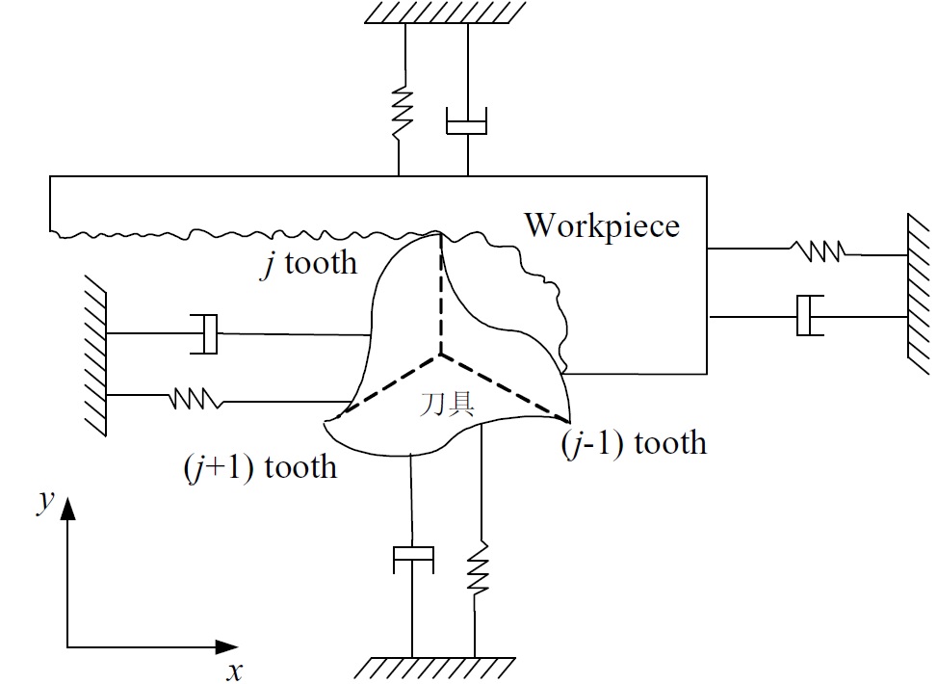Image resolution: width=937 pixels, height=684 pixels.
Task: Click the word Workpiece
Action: [x=603, y=227]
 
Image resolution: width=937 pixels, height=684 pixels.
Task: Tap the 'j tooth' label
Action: [x=309, y=263]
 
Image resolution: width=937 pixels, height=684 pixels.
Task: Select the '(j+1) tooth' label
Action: [x=261, y=467]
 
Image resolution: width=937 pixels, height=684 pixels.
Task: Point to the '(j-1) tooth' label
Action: [x=634, y=443]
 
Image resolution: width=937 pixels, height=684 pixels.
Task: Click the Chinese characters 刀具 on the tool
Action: [x=448, y=405]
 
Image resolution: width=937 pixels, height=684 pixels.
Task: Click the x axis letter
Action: [x=235, y=671]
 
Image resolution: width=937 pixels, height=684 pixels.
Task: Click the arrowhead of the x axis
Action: [x=226, y=647]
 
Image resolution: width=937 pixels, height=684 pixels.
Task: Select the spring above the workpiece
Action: [x=402, y=112]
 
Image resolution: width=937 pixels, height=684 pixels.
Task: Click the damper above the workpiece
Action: [x=467, y=121]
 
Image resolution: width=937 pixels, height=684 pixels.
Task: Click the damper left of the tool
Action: [x=204, y=333]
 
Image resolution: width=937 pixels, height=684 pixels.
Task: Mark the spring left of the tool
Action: [x=195, y=399]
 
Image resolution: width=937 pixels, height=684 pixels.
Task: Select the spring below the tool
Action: [x=477, y=568]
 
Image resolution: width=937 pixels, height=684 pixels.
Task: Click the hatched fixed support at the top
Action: [x=446, y=12]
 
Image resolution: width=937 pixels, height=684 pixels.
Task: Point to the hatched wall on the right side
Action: [x=919, y=295]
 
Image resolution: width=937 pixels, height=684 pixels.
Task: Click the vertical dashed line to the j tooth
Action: [x=441, y=294]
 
